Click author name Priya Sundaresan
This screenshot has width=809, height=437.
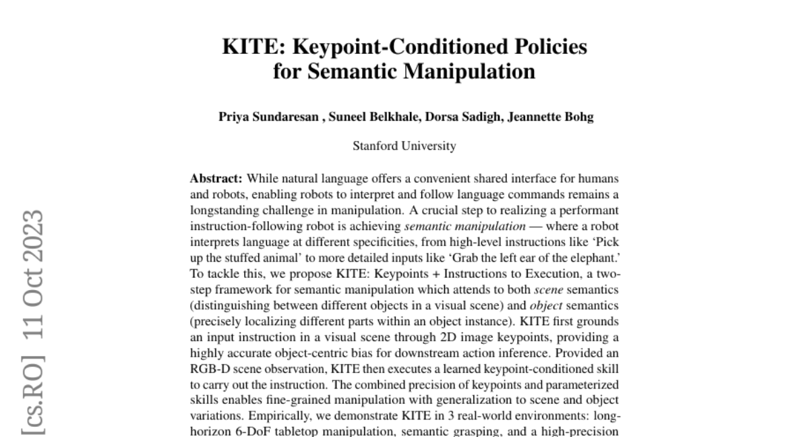268,117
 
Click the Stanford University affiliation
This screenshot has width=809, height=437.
404,146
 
